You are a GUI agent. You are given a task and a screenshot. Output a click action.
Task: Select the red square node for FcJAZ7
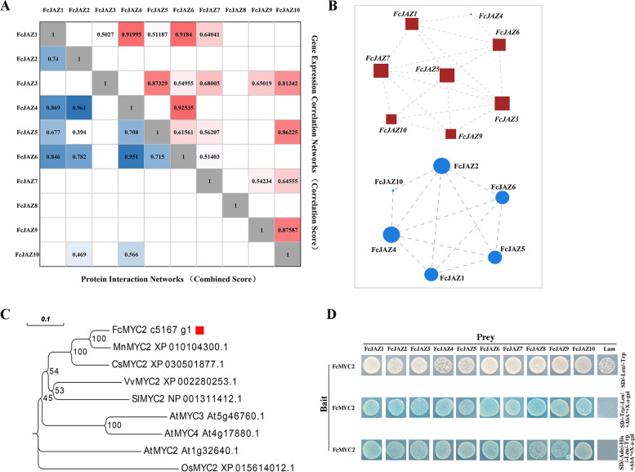tap(381, 71)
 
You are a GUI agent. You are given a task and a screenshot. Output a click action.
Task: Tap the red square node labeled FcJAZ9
tap(450, 133)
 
